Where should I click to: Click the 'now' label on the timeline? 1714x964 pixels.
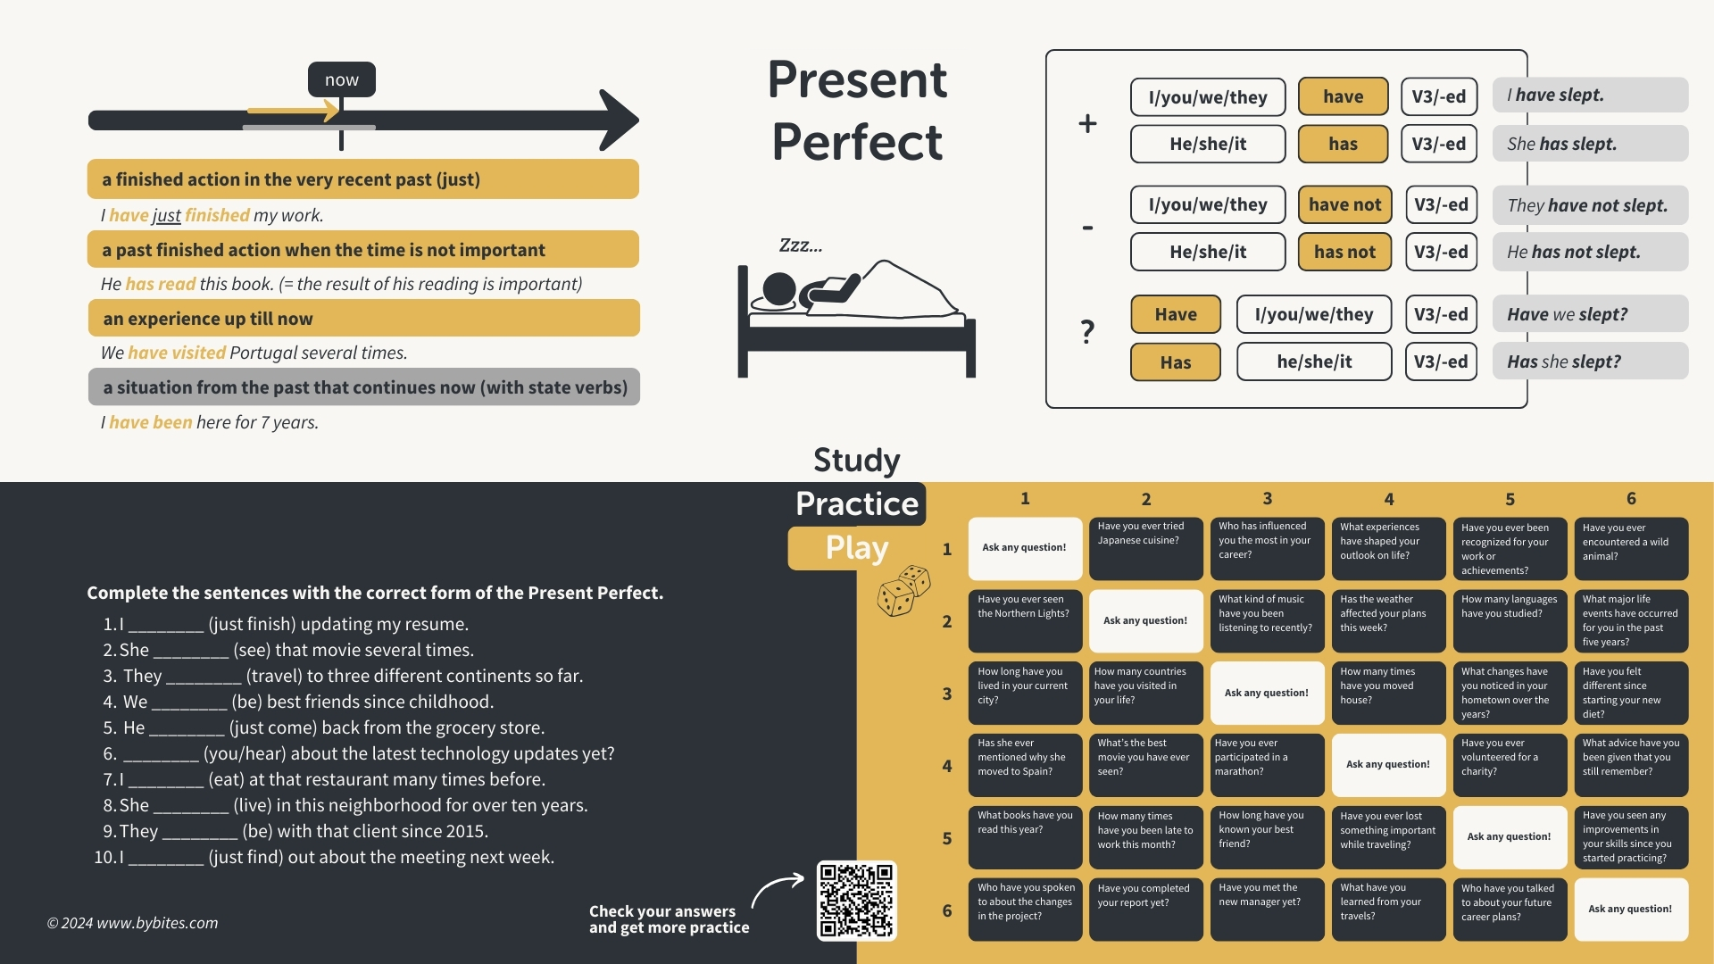click(x=341, y=79)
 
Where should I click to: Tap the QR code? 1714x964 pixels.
click(x=856, y=900)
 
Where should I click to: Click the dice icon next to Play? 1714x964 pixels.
click(x=903, y=591)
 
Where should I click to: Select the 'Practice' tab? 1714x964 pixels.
click(x=857, y=504)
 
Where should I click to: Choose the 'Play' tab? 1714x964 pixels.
click(x=856, y=547)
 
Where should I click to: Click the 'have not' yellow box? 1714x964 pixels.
click(x=1344, y=204)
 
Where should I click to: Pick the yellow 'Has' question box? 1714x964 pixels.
click(x=1175, y=362)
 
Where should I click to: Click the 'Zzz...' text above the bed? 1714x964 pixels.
click(x=801, y=245)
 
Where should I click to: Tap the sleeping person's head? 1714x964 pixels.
click(x=779, y=289)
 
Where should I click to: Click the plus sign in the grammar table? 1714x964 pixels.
click(x=1087, y=123)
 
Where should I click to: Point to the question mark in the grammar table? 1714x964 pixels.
click(x=1087, y=332)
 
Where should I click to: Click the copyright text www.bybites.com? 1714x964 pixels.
click(x=132, y=923)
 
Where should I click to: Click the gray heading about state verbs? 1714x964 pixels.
click(x=364, y=387)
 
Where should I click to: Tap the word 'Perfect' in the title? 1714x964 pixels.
click(x=857, y=142)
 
